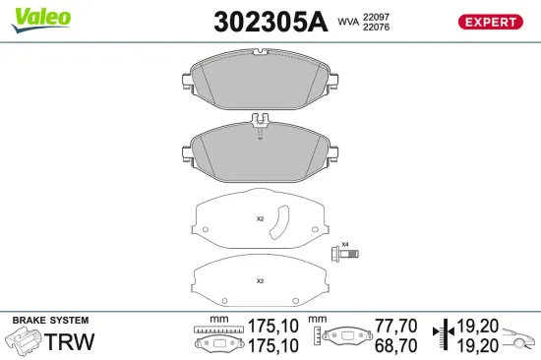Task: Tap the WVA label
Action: click(x=348, y=20)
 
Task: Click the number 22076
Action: click(x=376, y=27)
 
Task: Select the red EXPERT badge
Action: click(x=489, y=22)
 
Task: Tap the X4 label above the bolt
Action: click(x=345, y=244)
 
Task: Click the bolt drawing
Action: click(x=344, y=254)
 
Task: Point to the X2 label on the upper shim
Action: click(x=261, y=218)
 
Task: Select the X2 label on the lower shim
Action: click(x=261, y=281)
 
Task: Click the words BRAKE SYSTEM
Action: click(x=50, y=321)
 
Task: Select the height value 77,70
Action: click(x=395, y=325)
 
